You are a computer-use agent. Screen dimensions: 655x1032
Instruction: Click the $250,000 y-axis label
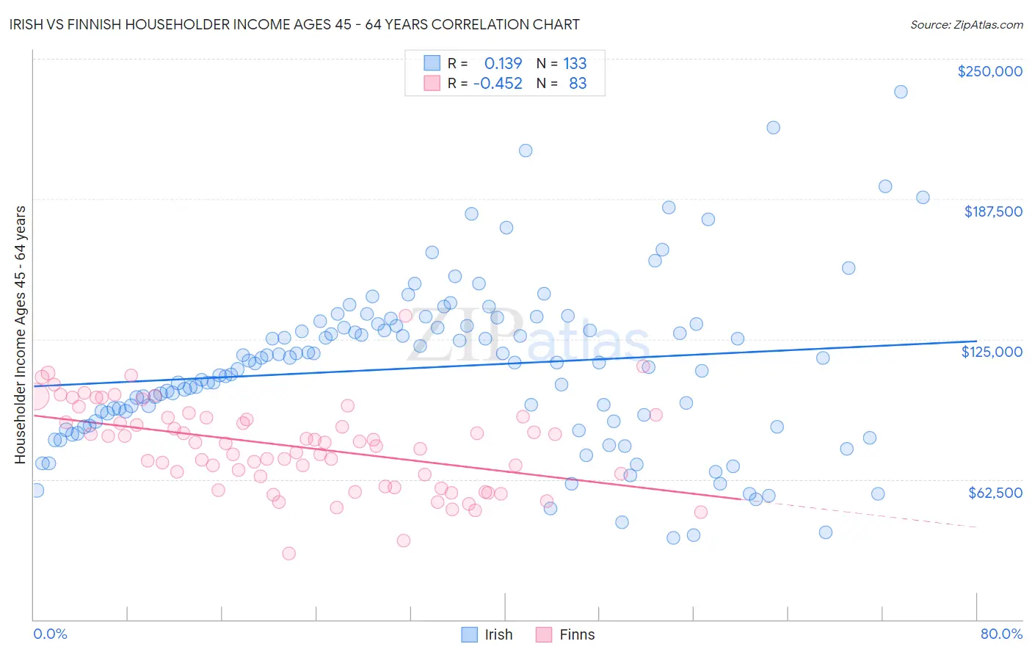[x=989, y=71]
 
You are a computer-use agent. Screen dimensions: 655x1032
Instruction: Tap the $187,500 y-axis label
[x=992, y=211]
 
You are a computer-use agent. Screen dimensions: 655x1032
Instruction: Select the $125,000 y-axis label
[x=992, y=352]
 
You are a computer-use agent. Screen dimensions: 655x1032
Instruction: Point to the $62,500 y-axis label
[x=995, y=493]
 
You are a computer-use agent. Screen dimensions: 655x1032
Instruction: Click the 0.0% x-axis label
[x=50, y=634]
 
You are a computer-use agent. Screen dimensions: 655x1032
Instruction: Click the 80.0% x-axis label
[x=1001, y=634]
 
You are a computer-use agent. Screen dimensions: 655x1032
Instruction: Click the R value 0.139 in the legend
[x=503, y=64]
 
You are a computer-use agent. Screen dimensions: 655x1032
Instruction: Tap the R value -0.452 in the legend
[x=498, y=84]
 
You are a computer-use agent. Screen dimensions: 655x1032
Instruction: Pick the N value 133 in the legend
[x=575, y=64]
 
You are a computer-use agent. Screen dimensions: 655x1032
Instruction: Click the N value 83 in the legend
[x=578, y=84]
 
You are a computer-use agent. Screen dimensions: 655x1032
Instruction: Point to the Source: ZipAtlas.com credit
[x=966, y=24]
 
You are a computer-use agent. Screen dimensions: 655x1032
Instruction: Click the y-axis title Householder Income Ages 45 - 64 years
[x=20, y=335]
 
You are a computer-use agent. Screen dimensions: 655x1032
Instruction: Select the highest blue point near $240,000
[x=901, y=92]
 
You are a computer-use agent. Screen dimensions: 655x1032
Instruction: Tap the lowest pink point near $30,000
[x=288, y=553]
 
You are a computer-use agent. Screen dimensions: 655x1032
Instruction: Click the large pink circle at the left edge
[x=34, y=397]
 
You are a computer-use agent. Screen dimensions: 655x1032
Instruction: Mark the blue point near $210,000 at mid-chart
[x=526, y=151]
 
